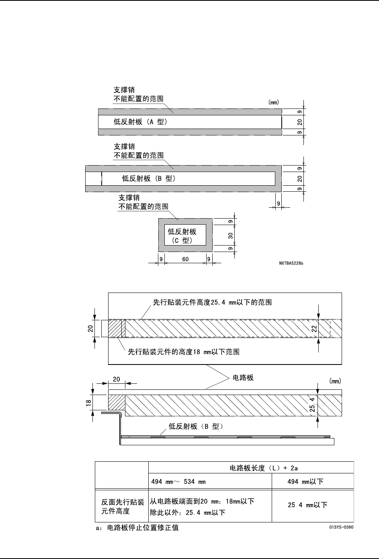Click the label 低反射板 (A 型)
140,122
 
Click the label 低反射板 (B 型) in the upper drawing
149,179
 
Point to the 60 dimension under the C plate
185,259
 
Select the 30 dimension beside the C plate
231,235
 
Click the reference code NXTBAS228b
291,264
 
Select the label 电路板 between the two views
243,378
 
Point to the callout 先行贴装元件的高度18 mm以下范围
184,352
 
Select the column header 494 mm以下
305,481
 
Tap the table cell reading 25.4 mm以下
307,504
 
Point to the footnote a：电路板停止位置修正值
137,528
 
